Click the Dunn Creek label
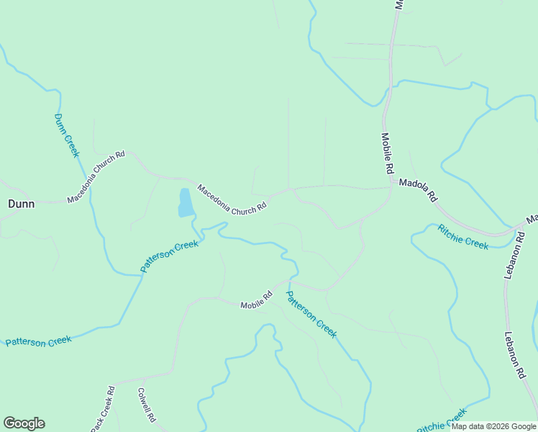65,135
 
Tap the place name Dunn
21,204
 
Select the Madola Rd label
418,189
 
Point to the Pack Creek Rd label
103,410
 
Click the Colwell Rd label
147,405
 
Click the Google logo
24,423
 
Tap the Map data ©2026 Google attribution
493,426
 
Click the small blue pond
185,203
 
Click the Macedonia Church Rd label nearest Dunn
96,177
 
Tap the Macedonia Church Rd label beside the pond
232,199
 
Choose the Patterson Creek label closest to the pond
169,256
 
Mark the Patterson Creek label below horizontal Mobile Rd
311,314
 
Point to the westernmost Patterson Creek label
39,341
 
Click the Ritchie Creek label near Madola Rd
463,237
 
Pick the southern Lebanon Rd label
516,356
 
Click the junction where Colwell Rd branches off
143,377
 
